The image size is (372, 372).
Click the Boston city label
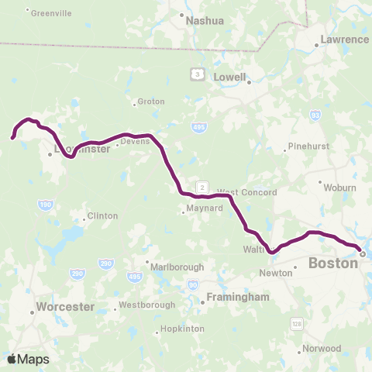[x=333, y=263]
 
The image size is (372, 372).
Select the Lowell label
[x=231, y=77]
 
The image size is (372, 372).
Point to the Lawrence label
[x=345, y=39]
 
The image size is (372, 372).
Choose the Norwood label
[x=323, y=348]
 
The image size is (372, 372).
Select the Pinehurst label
[x=308, y=146]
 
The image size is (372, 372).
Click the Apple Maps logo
[x=28, y=358]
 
